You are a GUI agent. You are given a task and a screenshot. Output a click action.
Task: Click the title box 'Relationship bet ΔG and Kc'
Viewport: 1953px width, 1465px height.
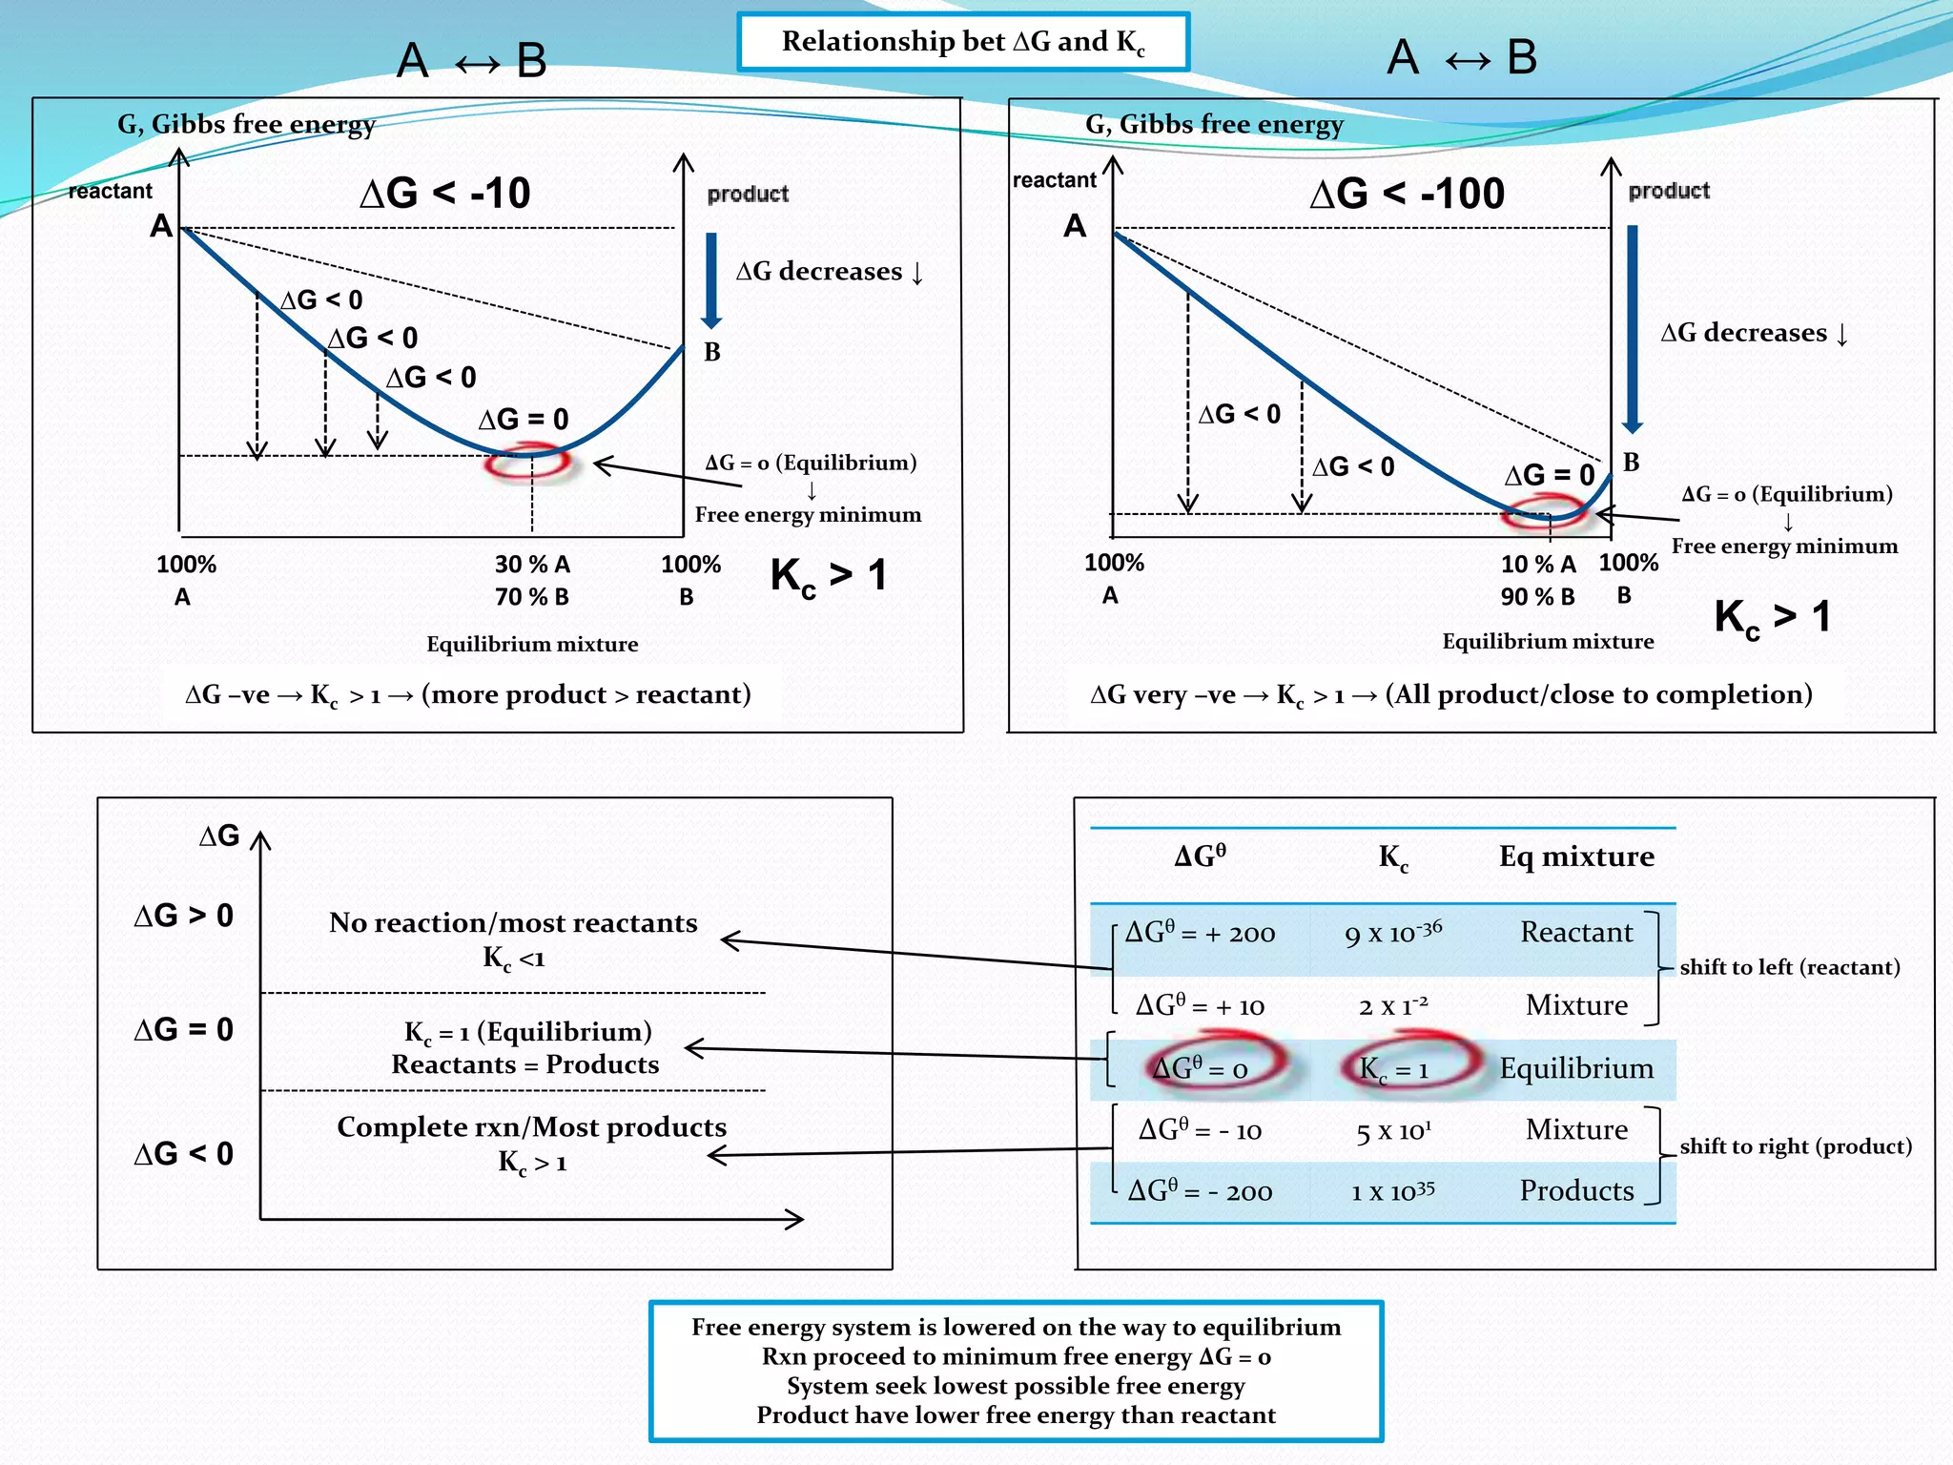963,42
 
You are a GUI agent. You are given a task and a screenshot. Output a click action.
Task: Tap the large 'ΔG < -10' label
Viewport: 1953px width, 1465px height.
444,194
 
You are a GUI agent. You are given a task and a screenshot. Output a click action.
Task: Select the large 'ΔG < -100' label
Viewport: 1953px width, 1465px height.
1407,194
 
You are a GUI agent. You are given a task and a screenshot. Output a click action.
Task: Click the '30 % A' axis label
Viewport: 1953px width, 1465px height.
532,565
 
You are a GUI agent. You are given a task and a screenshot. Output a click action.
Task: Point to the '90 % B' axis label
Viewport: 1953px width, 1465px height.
1537,597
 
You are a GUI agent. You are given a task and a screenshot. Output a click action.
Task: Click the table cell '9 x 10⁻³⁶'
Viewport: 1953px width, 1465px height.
1393,933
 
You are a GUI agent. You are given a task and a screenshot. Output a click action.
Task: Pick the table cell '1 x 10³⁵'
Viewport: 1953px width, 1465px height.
1393,1191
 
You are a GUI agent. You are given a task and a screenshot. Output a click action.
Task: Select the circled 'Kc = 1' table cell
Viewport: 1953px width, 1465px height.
1394,1068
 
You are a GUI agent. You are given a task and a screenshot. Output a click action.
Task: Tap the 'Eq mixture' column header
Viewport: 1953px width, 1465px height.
1576,856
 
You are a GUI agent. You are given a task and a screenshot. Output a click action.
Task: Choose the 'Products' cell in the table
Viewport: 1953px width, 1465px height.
1576,1190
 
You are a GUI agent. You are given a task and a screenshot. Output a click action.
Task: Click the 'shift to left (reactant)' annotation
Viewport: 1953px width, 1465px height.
1790,967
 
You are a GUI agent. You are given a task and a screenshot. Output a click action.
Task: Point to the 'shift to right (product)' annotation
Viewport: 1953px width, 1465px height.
1796,1146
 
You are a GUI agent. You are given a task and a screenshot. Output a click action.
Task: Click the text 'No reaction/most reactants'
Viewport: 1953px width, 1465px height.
513,923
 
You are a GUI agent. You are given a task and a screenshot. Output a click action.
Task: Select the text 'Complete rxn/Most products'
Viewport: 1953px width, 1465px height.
531,1127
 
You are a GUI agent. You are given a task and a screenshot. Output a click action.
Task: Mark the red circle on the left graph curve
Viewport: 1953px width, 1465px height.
527,463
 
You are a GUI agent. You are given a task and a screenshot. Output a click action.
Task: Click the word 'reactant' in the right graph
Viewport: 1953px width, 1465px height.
1054,180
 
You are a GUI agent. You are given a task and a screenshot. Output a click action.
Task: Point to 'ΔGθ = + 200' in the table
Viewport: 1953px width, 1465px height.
1200,933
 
